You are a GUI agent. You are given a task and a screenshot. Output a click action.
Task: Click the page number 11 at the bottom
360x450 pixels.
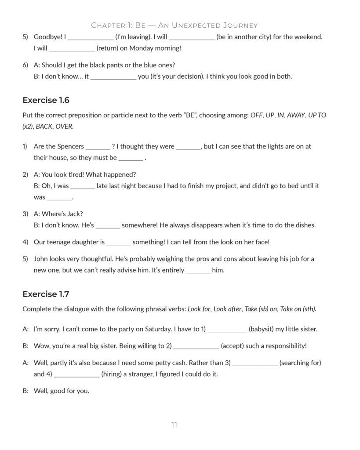click(175, 425)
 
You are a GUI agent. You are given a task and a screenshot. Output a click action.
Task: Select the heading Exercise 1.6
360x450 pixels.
click(46, 100)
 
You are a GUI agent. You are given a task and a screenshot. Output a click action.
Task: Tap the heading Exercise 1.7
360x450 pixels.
click(46, 294)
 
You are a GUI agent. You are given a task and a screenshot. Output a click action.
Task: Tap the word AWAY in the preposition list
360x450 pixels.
click(296, 115)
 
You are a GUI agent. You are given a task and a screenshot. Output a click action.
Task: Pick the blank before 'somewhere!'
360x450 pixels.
click(108, 226)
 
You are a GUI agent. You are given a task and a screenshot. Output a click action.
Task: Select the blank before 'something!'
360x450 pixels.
click(119, 243)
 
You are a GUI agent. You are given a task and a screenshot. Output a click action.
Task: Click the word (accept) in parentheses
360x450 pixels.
click(233, 346)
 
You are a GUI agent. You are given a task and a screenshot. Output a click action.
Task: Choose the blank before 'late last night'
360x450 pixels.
click(83, 186)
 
